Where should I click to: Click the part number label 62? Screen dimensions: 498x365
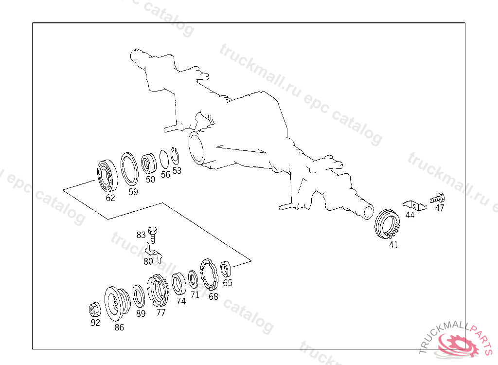tap(110, 198)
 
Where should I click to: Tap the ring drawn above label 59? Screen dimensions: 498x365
tap(128, 169)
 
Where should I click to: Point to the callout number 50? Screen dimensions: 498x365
tap(150, 179)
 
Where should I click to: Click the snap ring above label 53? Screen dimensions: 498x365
tap(176, 156)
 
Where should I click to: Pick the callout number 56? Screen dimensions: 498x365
tap(165, 174)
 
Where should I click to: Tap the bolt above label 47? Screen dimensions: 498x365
tap(437, 198)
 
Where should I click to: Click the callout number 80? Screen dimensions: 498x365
tap(148, 261)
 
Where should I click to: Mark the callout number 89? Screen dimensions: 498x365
tap(141, 313)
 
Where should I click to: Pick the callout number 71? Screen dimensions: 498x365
tap(195, 294)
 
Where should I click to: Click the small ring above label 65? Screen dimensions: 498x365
tap(226, 268)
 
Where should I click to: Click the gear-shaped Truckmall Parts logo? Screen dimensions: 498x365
tap(458, 344)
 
